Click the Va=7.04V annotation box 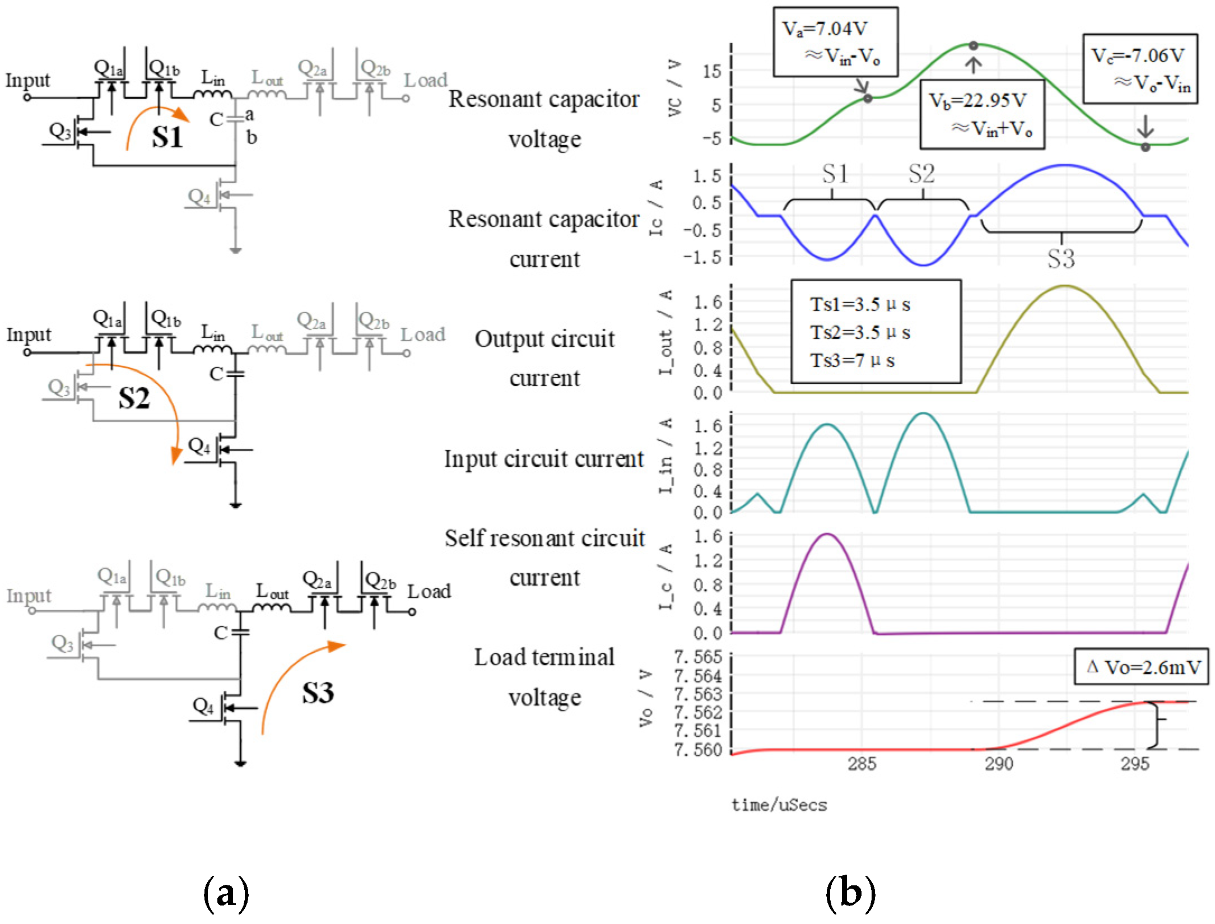click(835, 42)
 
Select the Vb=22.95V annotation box click(982, 114)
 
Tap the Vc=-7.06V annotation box click(1140, 68)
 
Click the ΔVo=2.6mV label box click(1140, 667)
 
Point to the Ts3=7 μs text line click(852, 360)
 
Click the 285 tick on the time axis click(862, 764)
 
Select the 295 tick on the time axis click(1135, 764)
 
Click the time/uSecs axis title click(779, 805)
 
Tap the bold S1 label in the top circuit click(167, 137)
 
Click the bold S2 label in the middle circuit click(134, 398)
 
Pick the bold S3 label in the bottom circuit click(318, 693)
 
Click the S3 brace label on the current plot click(1061, 259)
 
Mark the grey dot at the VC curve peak click(974, 45)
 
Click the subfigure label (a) click(226, 892)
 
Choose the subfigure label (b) click(850, 892)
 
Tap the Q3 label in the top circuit click(60, 131)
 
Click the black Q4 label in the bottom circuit click(203, 706)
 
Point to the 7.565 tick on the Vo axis click(698, 657)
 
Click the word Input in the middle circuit click(29, 335)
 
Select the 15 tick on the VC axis click(712, 71)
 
